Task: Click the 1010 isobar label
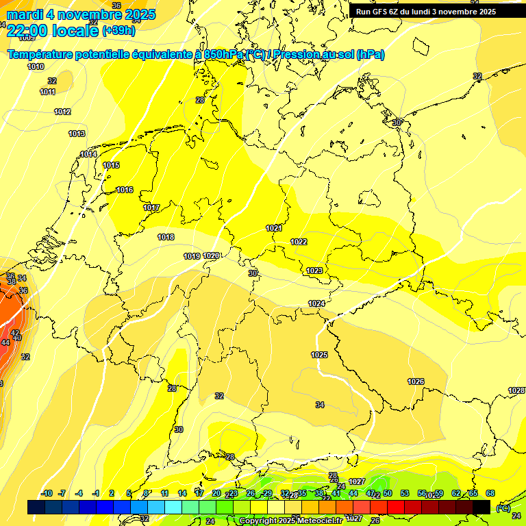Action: [36, 66]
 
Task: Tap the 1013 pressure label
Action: [77, 134]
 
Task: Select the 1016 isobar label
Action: [125, 190]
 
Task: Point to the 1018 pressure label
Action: [166, 237]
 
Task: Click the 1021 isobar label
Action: [274, 228]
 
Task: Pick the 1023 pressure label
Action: [314, 271]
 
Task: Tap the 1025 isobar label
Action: [319, 355]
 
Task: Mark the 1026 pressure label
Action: [416, 381]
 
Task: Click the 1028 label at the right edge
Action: [516, 390]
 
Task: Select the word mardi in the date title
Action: [25, 14]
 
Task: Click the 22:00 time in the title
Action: [28, 31]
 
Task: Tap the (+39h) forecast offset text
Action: [118, 31]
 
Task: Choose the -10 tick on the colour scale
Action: [46, 493]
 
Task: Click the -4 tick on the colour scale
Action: [79, 493]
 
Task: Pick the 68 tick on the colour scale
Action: [490, 493]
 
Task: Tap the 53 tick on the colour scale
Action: [405, 493]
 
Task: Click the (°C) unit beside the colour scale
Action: [503, 508]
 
